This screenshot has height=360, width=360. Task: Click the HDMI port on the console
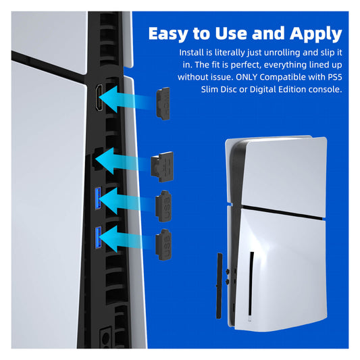pyautogui.click(x=99, y=98)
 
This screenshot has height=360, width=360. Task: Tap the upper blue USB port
pyautogui.click(x=98, y=199)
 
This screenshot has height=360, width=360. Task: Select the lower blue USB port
pyautogui.click(x=98, y=237)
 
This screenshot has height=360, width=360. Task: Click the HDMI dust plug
pyautogui.click(x=163, y=103)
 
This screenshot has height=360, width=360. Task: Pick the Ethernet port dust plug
pyautogui.click(x=162, y=167)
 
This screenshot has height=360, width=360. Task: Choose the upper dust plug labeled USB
pyautogui.click(x=163, y=206)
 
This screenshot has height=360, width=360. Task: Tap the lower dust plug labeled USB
pyautogui.click(x=163, y=245)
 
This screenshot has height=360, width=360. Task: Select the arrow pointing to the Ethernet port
pyautogui.click(x=124, y=161)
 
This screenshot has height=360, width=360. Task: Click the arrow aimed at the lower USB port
pyautogui.click(x=128, y=239)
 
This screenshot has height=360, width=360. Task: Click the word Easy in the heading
pyautogui.click(x=169, y=34)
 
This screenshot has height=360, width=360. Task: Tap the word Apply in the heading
pyautogui.click(x=316, y=34)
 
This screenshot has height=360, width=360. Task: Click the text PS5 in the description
pyautogui.click(x=335, y=77)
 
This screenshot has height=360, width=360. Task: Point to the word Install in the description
pyautogui.click(x=191, y=53)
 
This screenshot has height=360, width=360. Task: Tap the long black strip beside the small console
pyautogui.click(x=220, y=286)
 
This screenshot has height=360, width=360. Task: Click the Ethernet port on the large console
pyautogui.click(x=97, y=159)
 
